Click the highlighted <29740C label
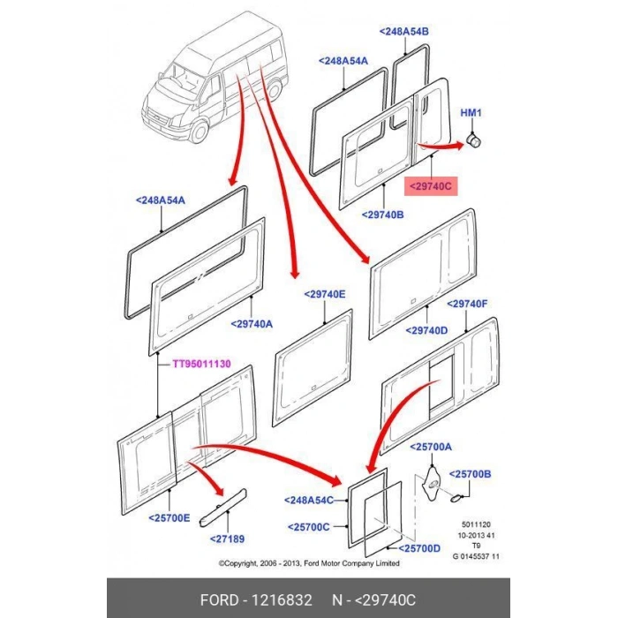coord(429,186)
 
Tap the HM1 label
coord(472,113)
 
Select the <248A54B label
coord(403,31)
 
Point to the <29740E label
coord(325,294)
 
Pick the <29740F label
coord(467,304)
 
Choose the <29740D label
coord(426,331)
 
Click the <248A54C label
coord(309,501)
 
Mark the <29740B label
coord(383,215)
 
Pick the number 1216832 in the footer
coord(283,600)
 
